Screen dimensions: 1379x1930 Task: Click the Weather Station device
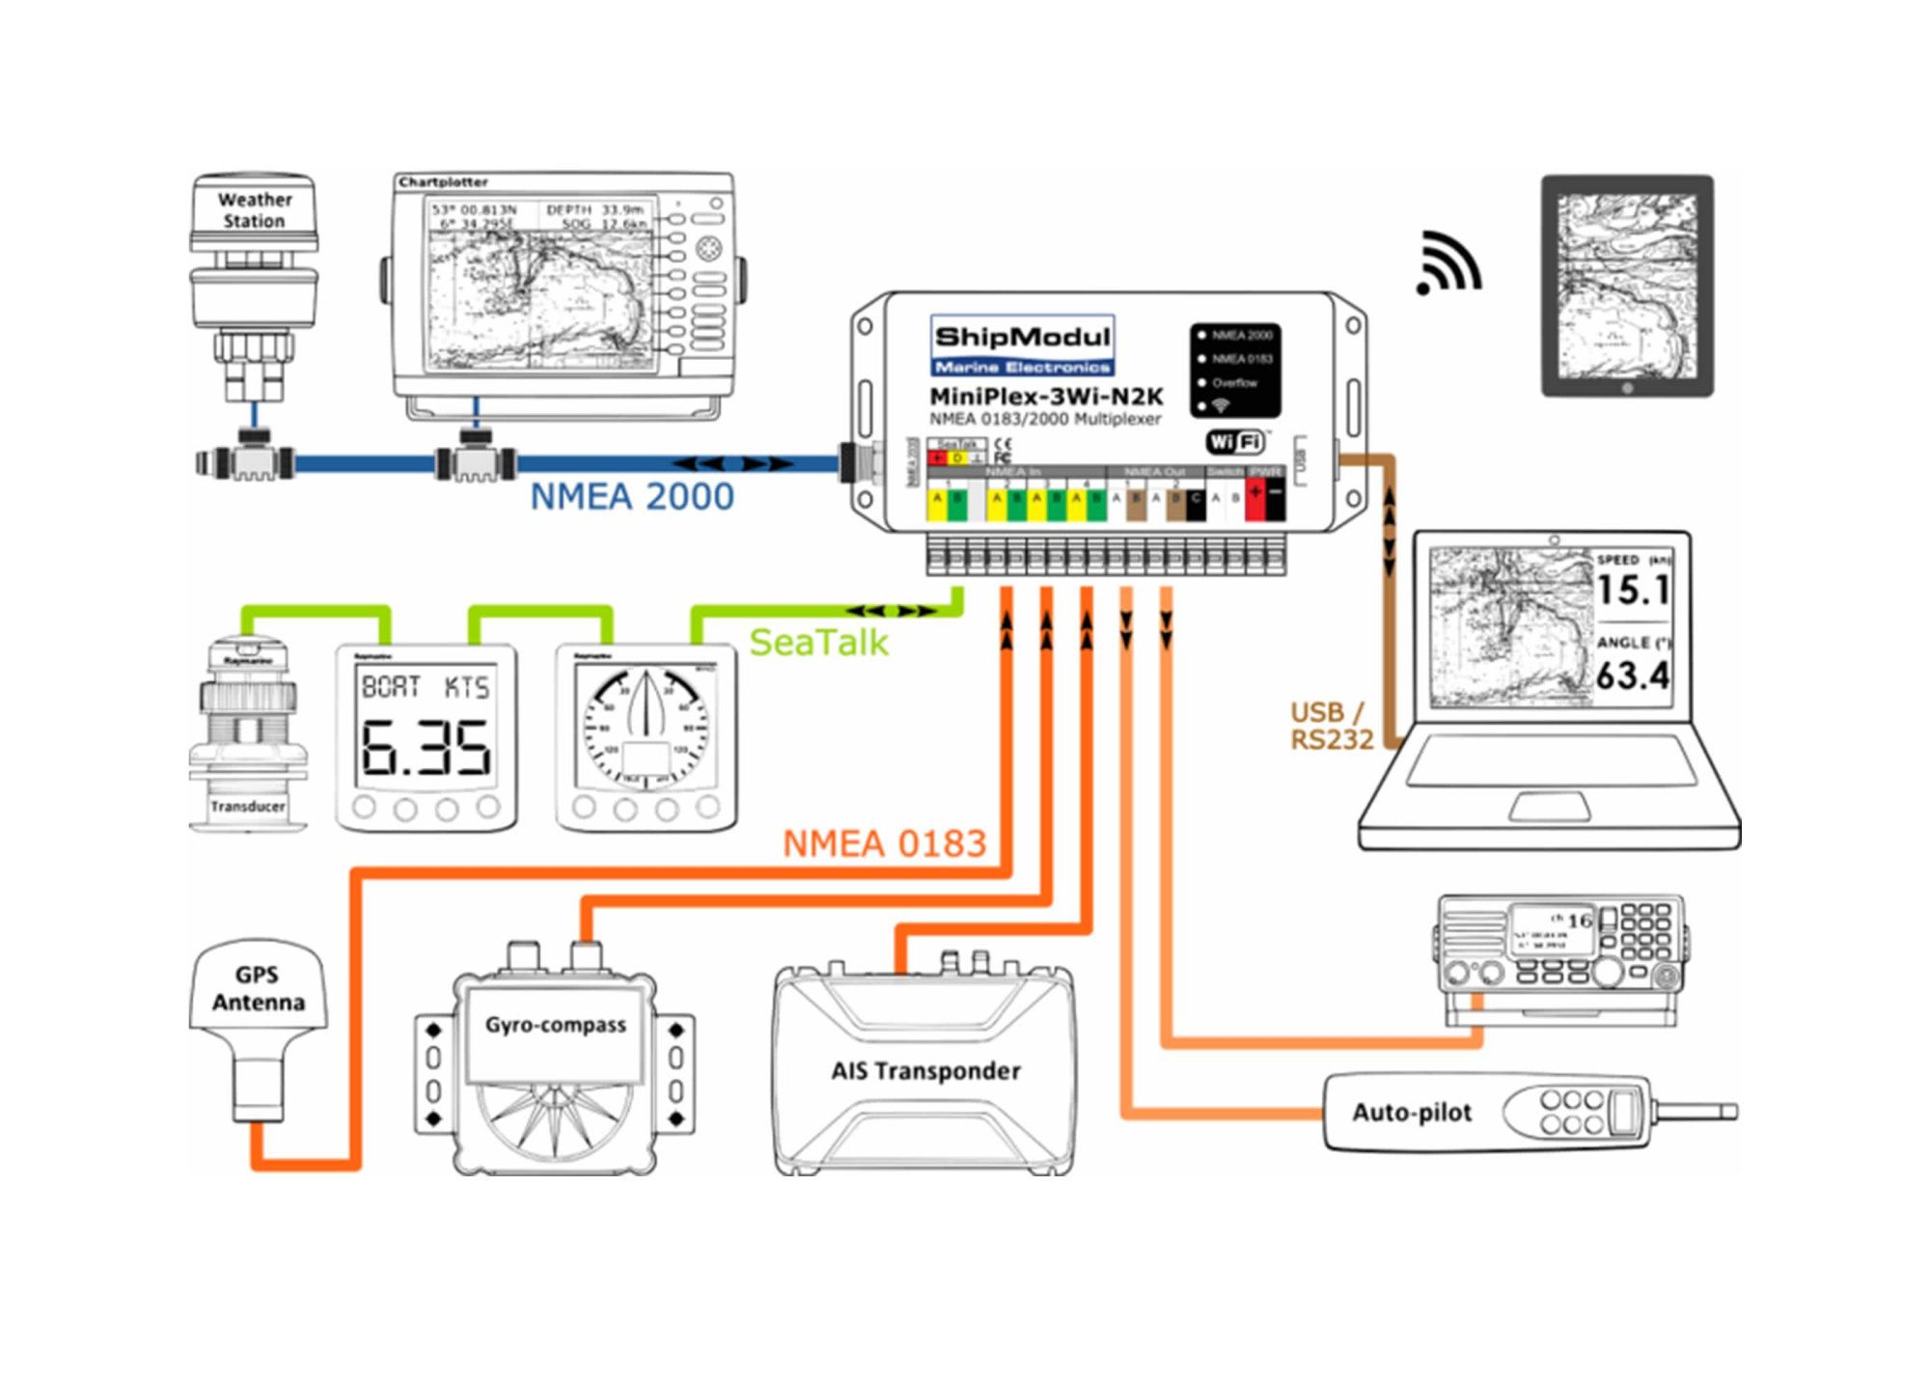254,280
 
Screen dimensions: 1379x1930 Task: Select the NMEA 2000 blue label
632,497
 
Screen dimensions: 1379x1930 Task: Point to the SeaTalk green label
818,643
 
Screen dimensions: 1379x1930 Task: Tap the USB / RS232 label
1331,726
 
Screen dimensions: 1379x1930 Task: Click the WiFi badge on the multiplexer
1236,442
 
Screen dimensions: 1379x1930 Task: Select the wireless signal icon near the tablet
1447,263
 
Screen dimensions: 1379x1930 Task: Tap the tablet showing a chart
1627,287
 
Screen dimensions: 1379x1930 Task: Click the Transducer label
248,807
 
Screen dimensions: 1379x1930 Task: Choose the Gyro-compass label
555,1025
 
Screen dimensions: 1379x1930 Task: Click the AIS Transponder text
925,1071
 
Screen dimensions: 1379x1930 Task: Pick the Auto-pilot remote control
1486,1113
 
